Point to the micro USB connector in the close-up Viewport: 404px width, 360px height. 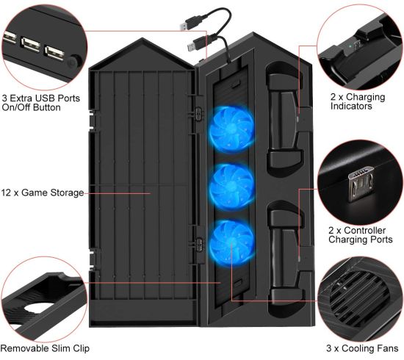click(361, 186)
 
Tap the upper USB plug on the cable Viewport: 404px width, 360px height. click(187, 24)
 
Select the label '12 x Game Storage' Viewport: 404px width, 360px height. click(43, 192)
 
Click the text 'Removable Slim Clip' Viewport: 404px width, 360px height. click(45, 348)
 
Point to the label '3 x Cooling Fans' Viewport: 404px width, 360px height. click(362, 348)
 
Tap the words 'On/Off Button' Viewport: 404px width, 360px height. click(31, 107)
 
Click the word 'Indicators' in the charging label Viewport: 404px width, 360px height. click(351, 107)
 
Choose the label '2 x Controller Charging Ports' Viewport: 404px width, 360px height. click(361, 235)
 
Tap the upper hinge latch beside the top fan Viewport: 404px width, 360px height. click(198, 114)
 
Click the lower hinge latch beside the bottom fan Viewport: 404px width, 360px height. click(199, 243)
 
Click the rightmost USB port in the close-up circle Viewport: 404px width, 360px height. click(54, 53)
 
